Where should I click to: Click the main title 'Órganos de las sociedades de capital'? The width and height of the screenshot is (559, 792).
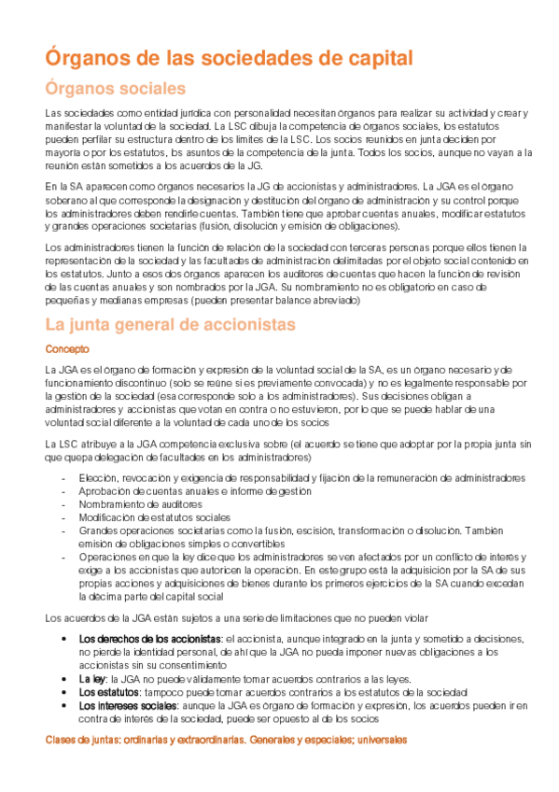point(230,58)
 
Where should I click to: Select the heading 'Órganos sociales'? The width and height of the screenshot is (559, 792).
point(117,90)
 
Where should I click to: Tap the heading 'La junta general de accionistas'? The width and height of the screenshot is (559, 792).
point(171,325)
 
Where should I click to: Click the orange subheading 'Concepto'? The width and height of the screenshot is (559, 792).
point(68,348)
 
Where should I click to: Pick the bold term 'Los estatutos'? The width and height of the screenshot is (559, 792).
point(108,692)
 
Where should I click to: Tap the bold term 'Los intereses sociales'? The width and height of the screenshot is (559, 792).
point(128,706)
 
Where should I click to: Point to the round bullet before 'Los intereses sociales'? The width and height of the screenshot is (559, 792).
point(63,706)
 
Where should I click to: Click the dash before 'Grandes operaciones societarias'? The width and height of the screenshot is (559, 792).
point(63,530)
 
